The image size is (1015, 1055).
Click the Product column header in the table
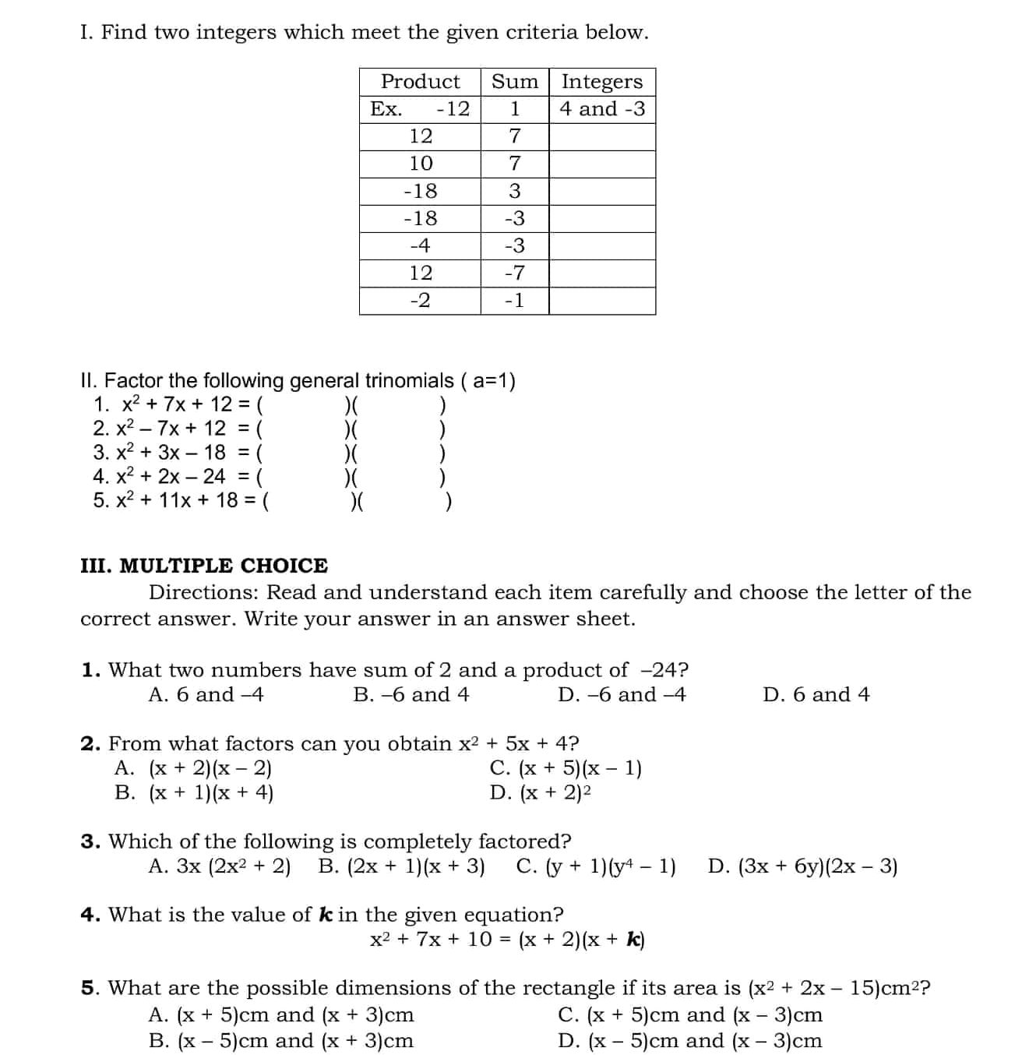[420, 82]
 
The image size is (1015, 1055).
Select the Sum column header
[514, 82]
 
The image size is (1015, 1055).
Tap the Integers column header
[601, 82]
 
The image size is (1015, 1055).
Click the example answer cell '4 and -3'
[602, 109]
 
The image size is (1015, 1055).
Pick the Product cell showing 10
[420, 164]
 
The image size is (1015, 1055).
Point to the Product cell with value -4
[420, 246]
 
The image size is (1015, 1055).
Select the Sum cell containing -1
[514, 301]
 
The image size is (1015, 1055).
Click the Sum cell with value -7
[514, 273]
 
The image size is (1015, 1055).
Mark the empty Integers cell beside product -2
[602, 301]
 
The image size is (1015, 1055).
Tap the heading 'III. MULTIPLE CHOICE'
[204, 566]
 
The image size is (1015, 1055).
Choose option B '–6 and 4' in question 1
[411, 695]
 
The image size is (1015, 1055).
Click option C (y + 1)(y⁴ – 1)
[596, 867]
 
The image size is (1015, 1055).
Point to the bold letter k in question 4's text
[326, 915]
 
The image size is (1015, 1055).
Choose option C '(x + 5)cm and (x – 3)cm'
[690, 1015]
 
